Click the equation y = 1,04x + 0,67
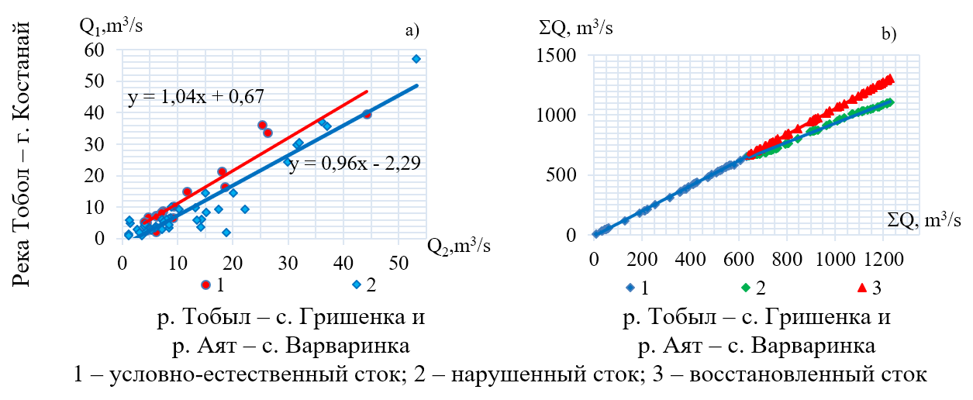(x=195, y=97)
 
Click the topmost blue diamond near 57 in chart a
(x=416, y=59)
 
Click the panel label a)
(x=412, y=31)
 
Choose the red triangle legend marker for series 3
(x=860, y=288)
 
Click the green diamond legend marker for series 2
(x=745, y=288)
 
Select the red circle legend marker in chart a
(x=206, y=284)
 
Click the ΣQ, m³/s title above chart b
(x=576, y=29)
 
